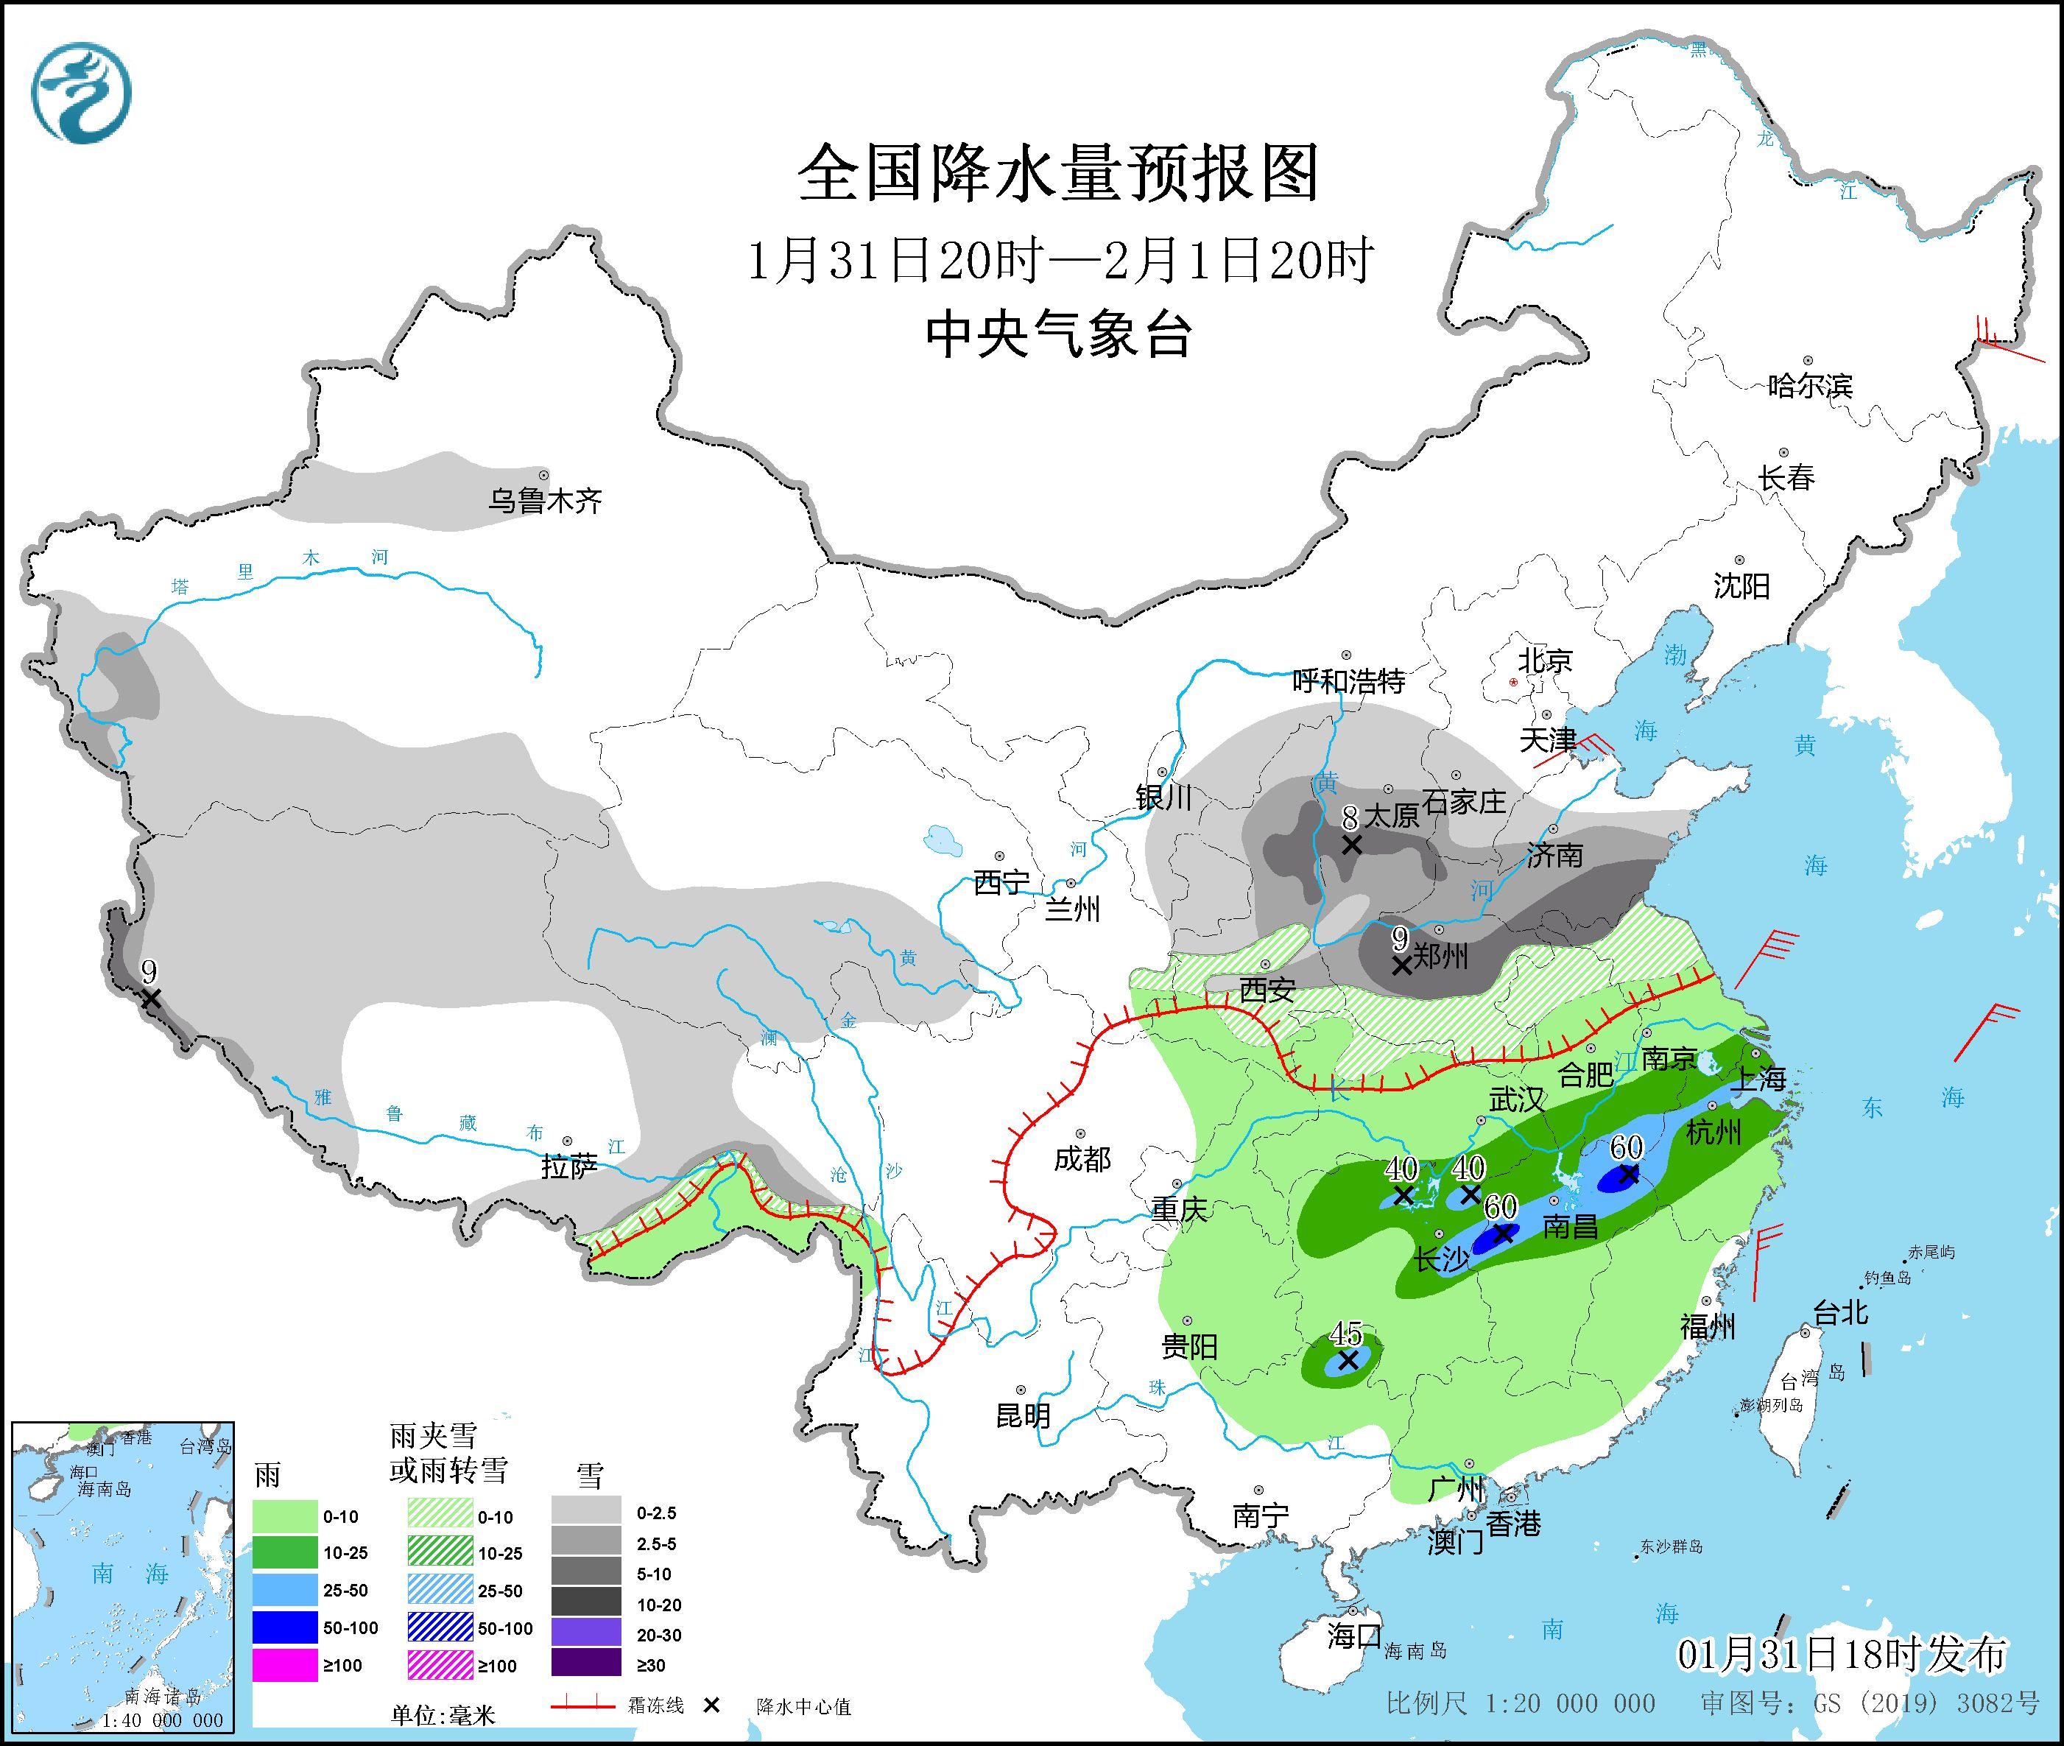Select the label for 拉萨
(x=569, y=1167)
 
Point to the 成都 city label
(x=1082, y=1159)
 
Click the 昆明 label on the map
(x=1023, y=1415)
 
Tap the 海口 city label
(x=1353, y=1635)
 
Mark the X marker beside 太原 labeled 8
(x=1351, y=845)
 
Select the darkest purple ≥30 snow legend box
(x=586, y=1665)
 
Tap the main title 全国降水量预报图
(x=1058, y=172)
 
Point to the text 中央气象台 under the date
(x=1058, y=334)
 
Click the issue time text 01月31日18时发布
(x=1842, y=1653)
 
